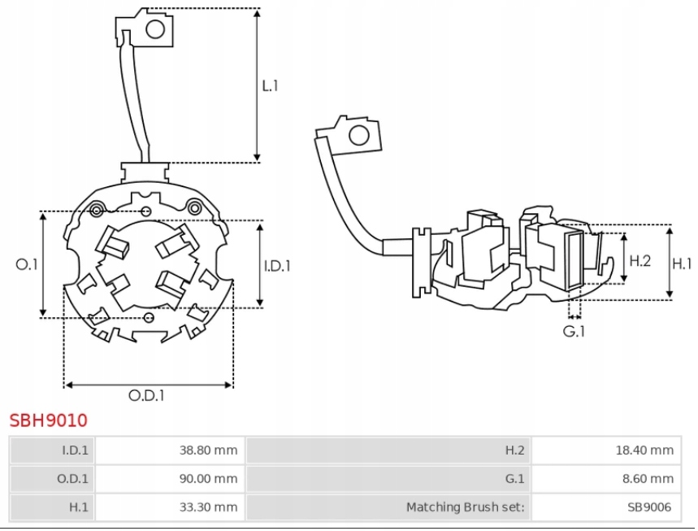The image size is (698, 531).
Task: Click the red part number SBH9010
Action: click(48, 420)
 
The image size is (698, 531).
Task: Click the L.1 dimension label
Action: click(270, 85)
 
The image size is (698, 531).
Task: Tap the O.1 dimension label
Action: click(27, 263)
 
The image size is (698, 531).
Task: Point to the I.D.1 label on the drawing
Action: click(277, 265)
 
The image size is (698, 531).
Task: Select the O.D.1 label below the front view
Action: click(146, 396)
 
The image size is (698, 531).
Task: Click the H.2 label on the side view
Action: click(640, 261)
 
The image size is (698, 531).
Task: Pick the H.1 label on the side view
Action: click(683, 263)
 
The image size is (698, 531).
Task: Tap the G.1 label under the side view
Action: click(574, 331)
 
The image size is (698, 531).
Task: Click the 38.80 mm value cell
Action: click(209, 450)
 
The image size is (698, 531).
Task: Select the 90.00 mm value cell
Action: click(209, 478)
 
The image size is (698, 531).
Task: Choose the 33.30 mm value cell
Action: click(209, 507)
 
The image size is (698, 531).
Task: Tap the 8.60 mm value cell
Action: click(648, 478)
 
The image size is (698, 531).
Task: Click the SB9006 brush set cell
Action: click(649, 507)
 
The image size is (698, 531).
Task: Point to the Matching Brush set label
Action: click(465, 507)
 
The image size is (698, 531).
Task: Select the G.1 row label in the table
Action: click(515, 478)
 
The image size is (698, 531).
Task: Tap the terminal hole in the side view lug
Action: click(358, 136)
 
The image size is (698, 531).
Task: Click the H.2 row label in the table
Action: click(515, 450)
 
